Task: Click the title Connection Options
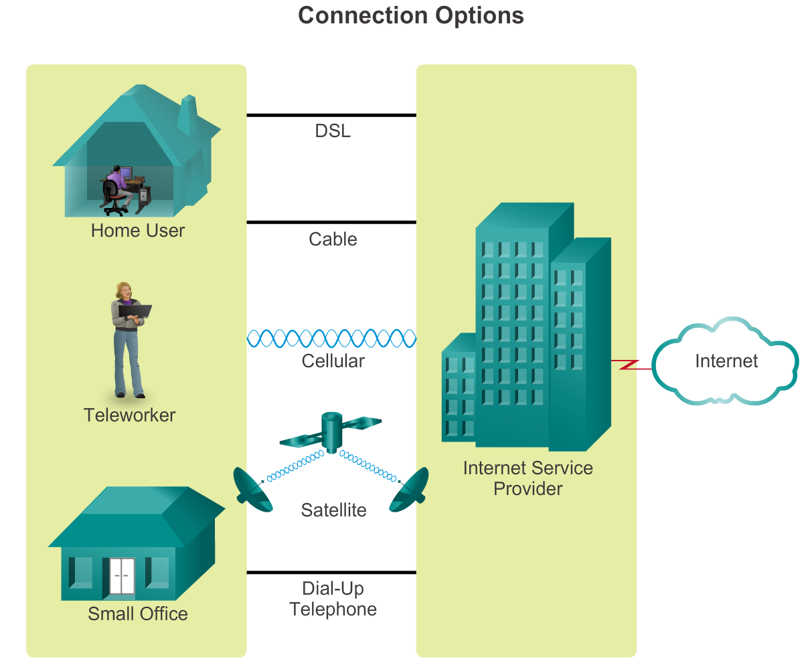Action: [410, 15]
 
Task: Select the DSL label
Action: [333, 131]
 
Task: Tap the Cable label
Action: [333, 240]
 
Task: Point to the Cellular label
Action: [333, 361]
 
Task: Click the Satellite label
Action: [333, 510]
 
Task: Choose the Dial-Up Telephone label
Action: [333, 599]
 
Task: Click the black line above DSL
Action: [331, 115]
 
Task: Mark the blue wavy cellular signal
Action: [331, 339]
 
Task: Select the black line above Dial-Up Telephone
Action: [331, 573]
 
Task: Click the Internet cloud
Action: [726, 362]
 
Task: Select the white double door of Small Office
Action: [122, 576]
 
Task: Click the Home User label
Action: [138, 231]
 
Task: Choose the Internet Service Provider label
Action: [528, 478]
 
